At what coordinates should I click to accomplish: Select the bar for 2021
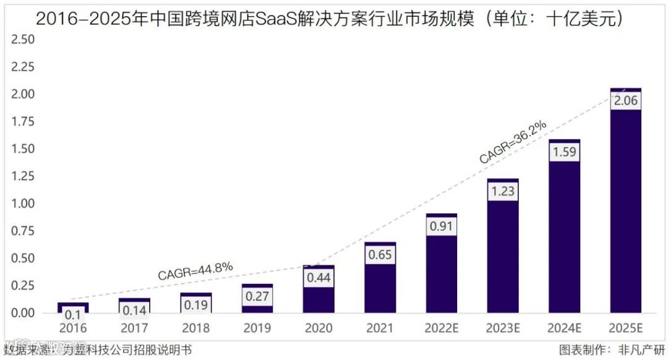point(380,291)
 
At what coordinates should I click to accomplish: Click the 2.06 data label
point(625,101)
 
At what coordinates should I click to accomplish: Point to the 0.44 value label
point(319,278)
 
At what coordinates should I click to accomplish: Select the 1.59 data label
point(564,152)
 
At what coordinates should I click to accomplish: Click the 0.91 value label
point(441,226)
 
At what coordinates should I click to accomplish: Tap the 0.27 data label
point(257,296)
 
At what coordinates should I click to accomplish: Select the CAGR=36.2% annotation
point(513,142)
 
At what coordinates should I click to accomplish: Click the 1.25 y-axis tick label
point(23,176)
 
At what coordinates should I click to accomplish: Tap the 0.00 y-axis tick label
point(23,313)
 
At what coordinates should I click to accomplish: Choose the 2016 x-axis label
point(73,328)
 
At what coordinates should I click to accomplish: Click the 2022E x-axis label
point(441,328)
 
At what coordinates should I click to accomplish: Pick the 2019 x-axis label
point(257,328)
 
